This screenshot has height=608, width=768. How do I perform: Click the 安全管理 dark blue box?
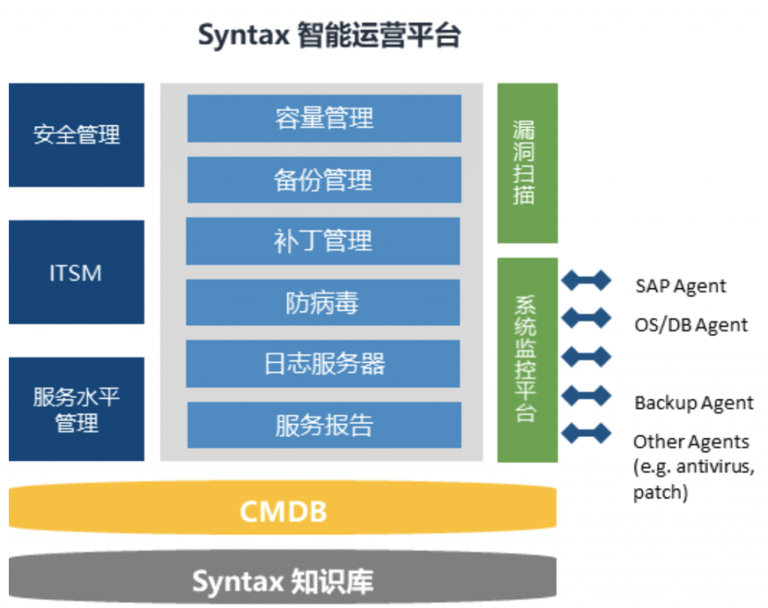pos(76,135)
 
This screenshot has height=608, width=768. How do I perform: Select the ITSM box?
pos(76,272)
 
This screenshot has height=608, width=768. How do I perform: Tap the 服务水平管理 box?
pos(76,409)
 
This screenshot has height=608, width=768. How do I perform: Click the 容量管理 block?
pos(324,119)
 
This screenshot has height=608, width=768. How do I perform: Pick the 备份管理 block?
pos(324,180)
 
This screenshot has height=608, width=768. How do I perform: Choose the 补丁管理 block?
pos(323,241)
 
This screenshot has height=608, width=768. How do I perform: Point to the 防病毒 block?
pos(323,302)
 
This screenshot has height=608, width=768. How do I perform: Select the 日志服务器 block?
pos(323,364)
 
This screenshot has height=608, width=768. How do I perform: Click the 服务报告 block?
pos(324,425)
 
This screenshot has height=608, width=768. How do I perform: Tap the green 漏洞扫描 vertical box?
pos(527,164)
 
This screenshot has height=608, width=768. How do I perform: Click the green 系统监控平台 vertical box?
pos(527,360)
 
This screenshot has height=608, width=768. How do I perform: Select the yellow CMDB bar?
pos(283,508)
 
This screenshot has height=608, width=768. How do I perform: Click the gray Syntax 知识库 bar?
pos(283,578)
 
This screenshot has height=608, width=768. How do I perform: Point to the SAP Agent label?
pos(680,286)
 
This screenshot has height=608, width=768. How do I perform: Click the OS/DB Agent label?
pos(691,325)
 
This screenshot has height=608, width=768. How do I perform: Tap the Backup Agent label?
pos(694,403)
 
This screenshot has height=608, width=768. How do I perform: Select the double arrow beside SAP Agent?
pos(586,281)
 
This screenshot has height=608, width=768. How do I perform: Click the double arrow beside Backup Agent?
pos(586,396)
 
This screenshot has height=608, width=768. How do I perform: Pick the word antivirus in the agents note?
pos(715,466)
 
